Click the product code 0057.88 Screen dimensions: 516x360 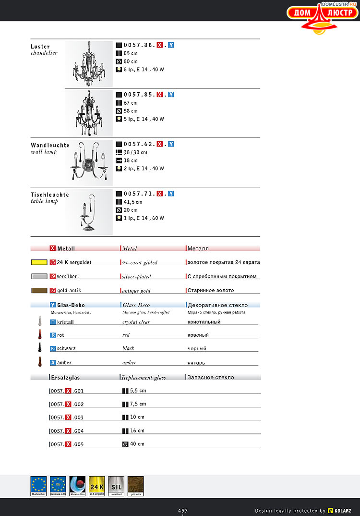[x=139, y=45]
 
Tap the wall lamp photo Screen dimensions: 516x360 [x=89, y=162]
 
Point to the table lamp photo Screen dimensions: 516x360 [x=89, y=212]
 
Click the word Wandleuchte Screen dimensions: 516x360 [x=50, y=145]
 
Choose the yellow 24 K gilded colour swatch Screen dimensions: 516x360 [x=39, y=263]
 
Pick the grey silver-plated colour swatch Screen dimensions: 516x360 [x=39, y=277]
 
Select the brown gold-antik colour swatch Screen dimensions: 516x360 [x=39, y=291]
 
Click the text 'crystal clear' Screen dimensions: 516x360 [x=136, y=322]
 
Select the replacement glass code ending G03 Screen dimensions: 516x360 [x=67, y=418]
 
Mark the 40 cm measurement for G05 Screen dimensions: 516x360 [x=137, y=444]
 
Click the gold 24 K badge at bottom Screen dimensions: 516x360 [x=96, y=486]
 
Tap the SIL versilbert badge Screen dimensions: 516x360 [x=116, y=486]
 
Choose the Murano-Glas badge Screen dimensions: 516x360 [x=77, y=486]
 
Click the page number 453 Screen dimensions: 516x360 [x=182, y=510]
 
